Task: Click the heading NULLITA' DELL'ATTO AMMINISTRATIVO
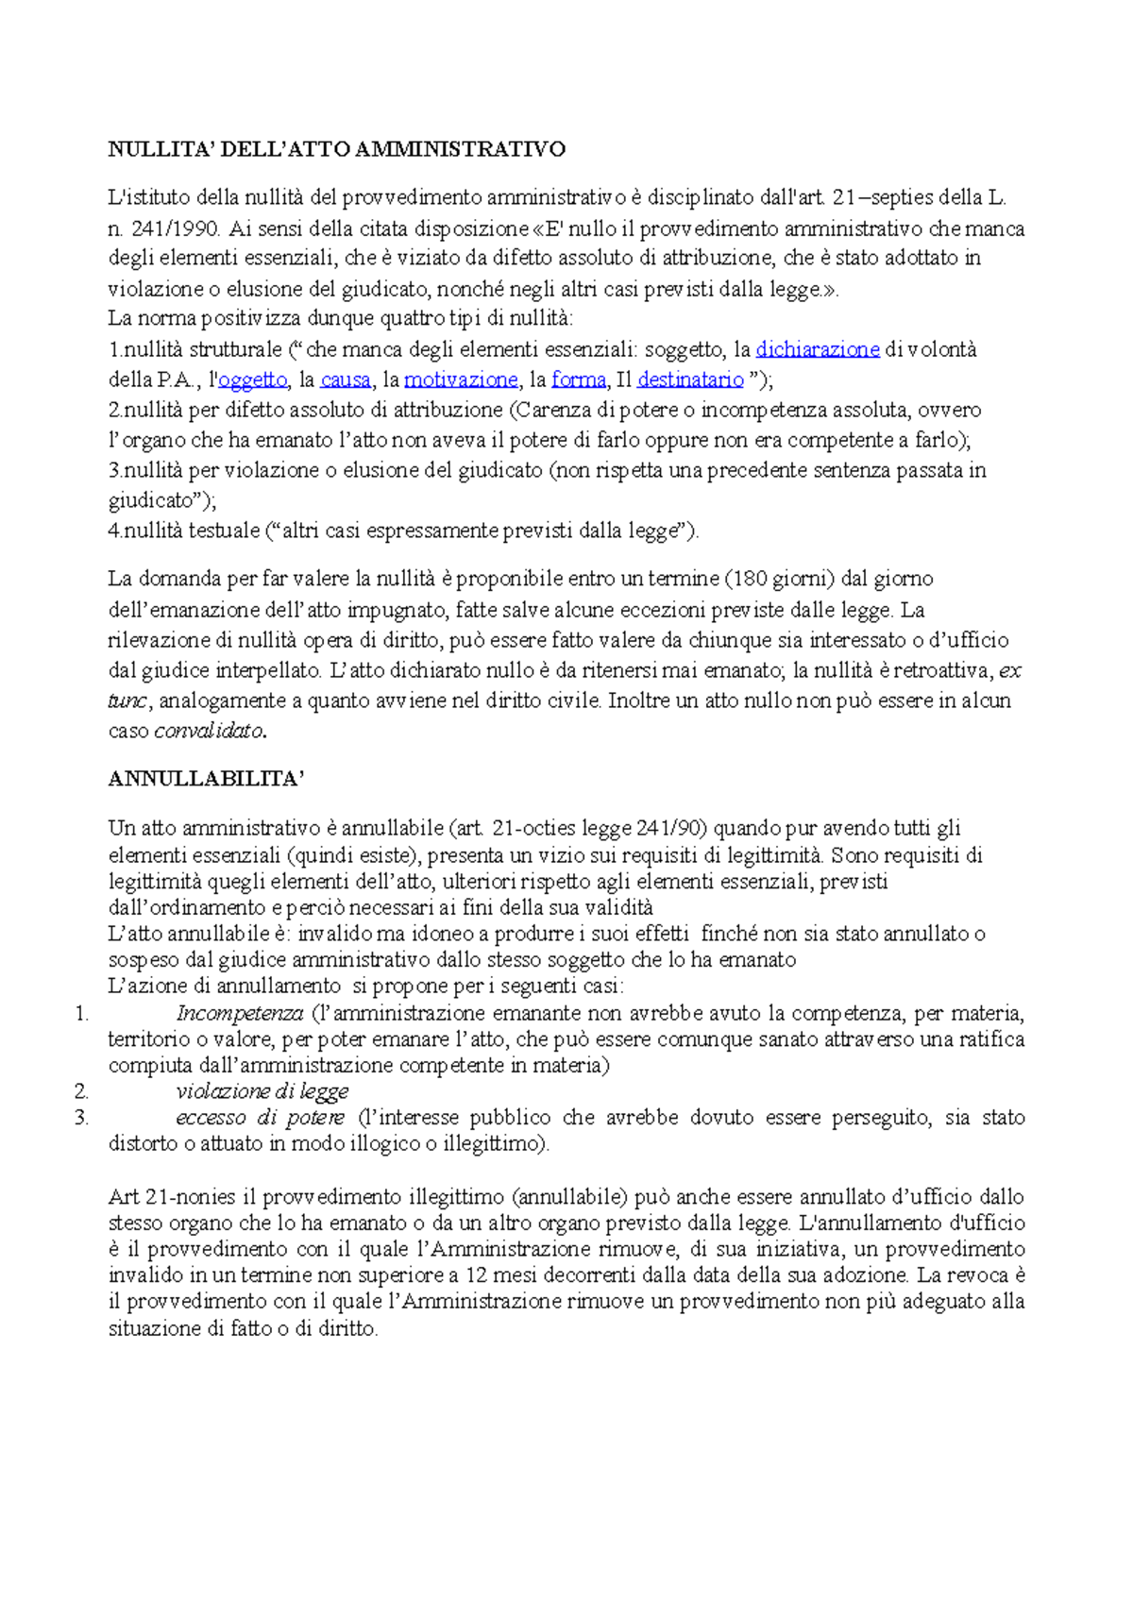click(336, 149)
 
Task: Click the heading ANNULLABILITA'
click(207, 779)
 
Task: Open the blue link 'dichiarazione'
click(818, 349)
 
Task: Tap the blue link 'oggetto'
click(252, 380)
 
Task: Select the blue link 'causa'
click(346, 380)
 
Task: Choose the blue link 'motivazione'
click(461, 380)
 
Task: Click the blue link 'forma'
click(579, 380)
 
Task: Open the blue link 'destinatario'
click(690, 380)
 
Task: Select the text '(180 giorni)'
click(779, 579)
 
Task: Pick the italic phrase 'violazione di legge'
click(262, 1091)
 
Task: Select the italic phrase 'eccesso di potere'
click(260, 1118)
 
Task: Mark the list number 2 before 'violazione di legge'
click(82, 1091)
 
